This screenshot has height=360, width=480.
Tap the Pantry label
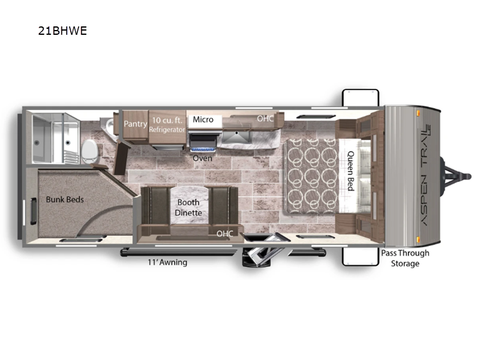pos(135,124)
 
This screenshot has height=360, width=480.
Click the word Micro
pos(203,119)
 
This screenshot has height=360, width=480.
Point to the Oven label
pos(202,158)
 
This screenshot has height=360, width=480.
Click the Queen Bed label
pos(351,170)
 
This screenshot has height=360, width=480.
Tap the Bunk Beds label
pos(65,199)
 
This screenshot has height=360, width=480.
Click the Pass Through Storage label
pos(405,258)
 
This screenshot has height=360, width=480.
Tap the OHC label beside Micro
pos(265,118)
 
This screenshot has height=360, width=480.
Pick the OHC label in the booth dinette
pos(224,233)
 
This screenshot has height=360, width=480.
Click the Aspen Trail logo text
pos(425,174)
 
